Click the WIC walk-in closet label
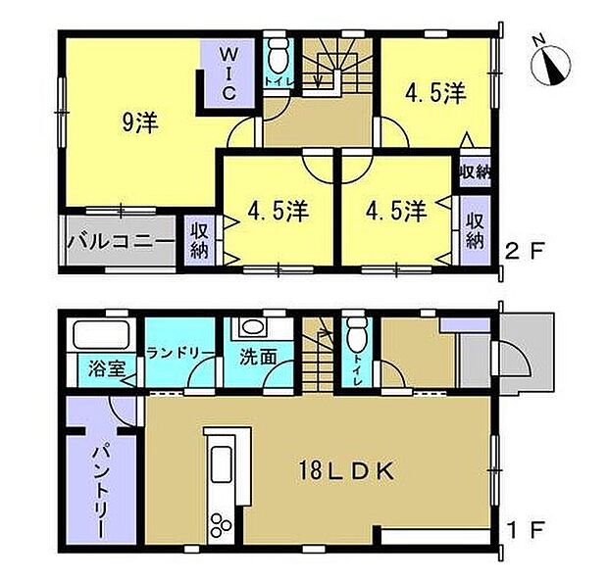point(228,73)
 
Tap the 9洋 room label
point(140,122)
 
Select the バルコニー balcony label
point(121,242)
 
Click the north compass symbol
point(550,64)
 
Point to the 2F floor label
point(526,250)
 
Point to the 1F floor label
point(527,530)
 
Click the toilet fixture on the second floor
point(279,57)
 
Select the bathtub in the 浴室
point(101,335)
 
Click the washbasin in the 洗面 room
point(252,327)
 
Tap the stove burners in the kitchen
point(222,525)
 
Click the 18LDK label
point(346,471)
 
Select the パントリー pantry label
point(101,492)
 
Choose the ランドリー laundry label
point(180,353)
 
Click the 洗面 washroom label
point(258,357)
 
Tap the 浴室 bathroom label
point(107,368)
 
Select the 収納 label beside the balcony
point(199,242)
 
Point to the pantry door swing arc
point(121,412)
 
